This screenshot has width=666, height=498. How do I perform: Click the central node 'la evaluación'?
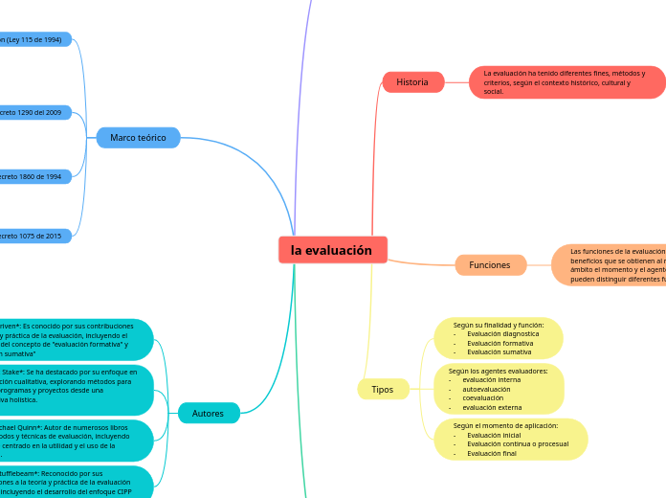pyautogui.click(x=332, y=250)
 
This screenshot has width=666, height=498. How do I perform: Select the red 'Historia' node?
pyautogui.click(x=412, y=82)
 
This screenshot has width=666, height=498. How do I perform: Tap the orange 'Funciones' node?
pyautogui.click(x=490, y=264)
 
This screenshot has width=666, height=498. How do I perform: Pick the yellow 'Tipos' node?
pyautogui.click(x=382, y=389)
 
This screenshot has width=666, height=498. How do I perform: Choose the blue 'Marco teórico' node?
pyautogui.click(x=138, y=138)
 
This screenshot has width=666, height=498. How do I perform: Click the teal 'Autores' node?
pyautogui.click(x=208, y=413)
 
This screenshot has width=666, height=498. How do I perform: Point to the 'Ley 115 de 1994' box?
pyautogui.click(x=34, y=39)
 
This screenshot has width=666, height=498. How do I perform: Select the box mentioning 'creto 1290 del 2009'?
pyautogui.click(x=34, y=112)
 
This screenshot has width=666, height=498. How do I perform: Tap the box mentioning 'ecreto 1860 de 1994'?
pyautogui.click(x=34, y=176)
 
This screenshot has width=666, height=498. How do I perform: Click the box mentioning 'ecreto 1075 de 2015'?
pyautogui.click(x=34, y=235)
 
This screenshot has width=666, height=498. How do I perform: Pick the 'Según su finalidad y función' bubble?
pyautogui.click(x=498, y=338)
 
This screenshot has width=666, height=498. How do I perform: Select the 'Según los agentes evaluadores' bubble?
pyautogui.click(x=499, y=389)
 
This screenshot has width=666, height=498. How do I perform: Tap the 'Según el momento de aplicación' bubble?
pyautogui.click(x=511, y=439)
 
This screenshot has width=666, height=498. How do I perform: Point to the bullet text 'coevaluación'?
pyautogui.click(x=483, y=397)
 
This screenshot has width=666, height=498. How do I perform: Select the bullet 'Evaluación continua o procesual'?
pyautogui.click(x=518, y=443)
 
